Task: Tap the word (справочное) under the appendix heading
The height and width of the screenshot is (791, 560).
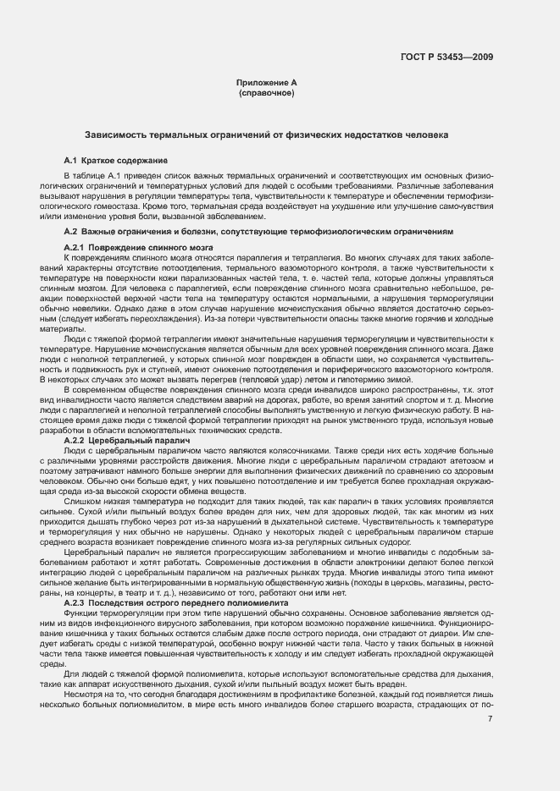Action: (x=267, y=92)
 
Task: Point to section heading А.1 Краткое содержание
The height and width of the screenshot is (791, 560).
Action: (x=115, y=160)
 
